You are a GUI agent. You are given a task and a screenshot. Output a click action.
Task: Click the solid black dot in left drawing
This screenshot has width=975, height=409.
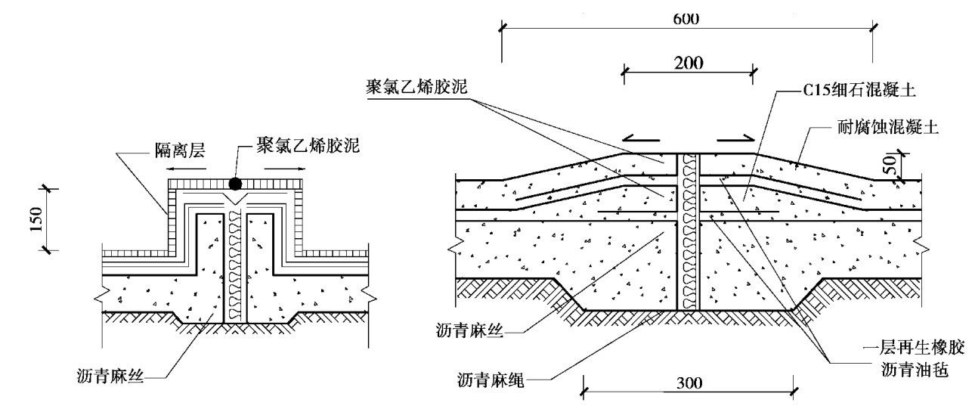[235, 184]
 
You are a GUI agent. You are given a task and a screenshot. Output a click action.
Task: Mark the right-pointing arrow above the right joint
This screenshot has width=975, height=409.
[735, 138]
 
